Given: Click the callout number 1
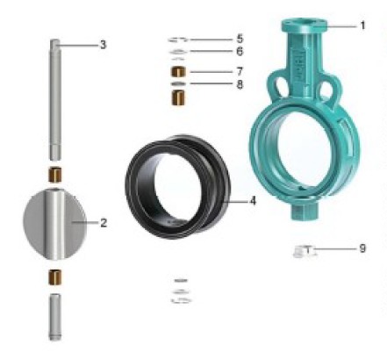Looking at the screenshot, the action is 362,25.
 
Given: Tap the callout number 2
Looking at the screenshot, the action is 104,223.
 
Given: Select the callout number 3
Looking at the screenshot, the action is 103,45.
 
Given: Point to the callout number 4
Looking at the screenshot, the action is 253,201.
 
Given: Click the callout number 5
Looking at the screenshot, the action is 240,39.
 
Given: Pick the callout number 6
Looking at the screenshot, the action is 240,51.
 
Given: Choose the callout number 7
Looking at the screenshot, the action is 240,71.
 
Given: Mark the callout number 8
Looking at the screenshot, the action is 240,84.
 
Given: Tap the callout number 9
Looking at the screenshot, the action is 362,248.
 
